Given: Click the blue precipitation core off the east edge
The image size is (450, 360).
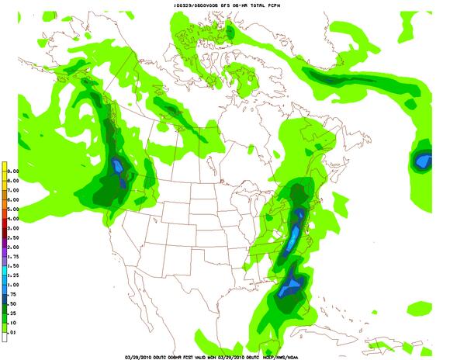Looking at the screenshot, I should [x=422, y=161].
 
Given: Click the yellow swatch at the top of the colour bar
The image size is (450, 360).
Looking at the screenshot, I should [x=3, y=166].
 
